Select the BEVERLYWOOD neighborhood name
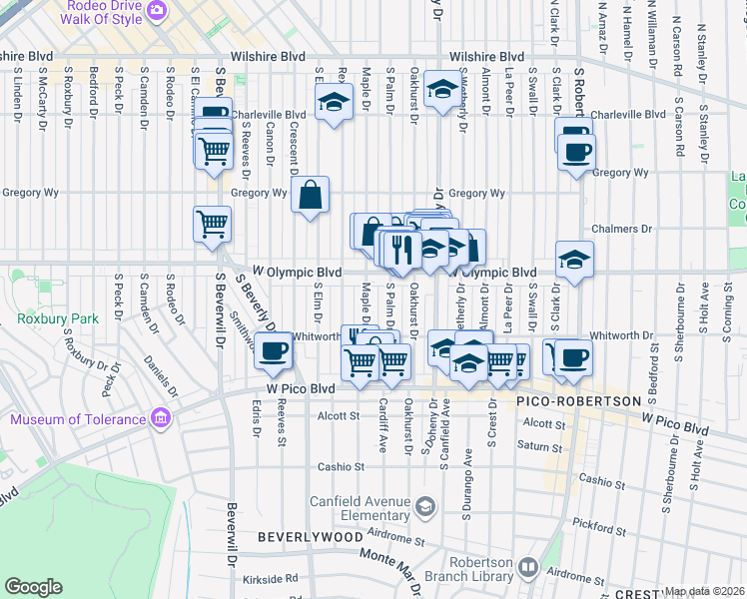click(x=310, y=537)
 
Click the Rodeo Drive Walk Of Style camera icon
click(x=156, y=11)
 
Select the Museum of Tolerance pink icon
click(x=159, y=418)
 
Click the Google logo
click(x=33, y=587)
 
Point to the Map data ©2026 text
click(x=705, y=591)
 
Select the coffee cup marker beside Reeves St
click(x=273, y=350)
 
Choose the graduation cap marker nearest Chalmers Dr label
click(x=574, y=260)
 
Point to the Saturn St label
click(x=540, y=446)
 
